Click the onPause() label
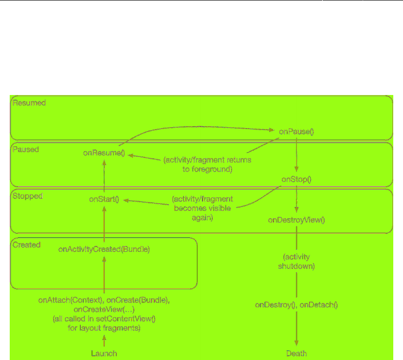296,132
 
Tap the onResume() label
104,153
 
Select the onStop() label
296,179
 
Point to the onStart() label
104,199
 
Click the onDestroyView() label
296,220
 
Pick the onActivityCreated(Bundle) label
104,249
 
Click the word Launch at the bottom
104,353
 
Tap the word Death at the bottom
296,353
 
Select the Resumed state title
29,103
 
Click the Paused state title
26,150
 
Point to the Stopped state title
28,196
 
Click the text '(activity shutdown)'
296,262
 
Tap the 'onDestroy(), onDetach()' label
296,305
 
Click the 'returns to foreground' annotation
210,165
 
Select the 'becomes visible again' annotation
202,209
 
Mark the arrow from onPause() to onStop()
296,155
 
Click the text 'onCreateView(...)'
104,309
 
